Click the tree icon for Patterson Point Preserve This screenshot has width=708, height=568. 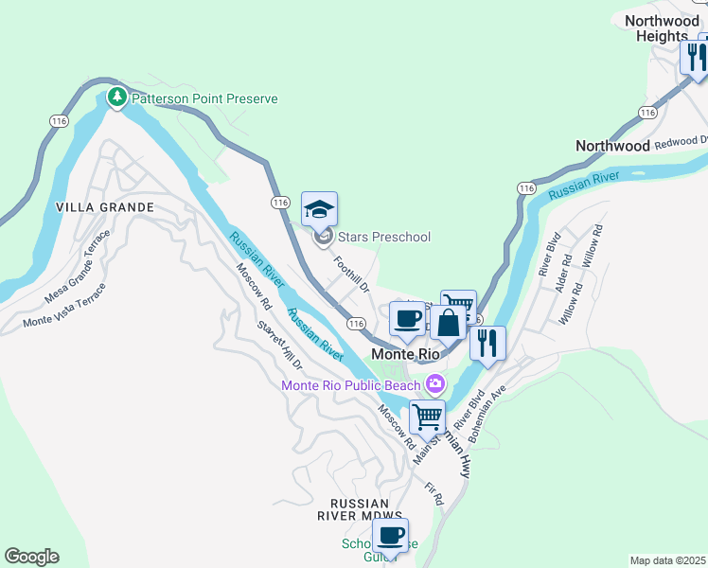117,98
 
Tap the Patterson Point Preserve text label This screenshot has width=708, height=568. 204,98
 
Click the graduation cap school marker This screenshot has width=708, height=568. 319,207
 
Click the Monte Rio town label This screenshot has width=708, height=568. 406,353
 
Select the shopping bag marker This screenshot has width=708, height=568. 448,323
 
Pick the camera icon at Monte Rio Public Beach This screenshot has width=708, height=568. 435,383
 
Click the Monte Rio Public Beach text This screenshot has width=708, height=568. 351,384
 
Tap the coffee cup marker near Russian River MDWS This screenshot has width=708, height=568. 390,536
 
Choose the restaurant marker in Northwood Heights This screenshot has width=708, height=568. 695,57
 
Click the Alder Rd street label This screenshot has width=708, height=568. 565,272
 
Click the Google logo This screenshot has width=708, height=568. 31,557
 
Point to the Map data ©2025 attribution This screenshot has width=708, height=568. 667,560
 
